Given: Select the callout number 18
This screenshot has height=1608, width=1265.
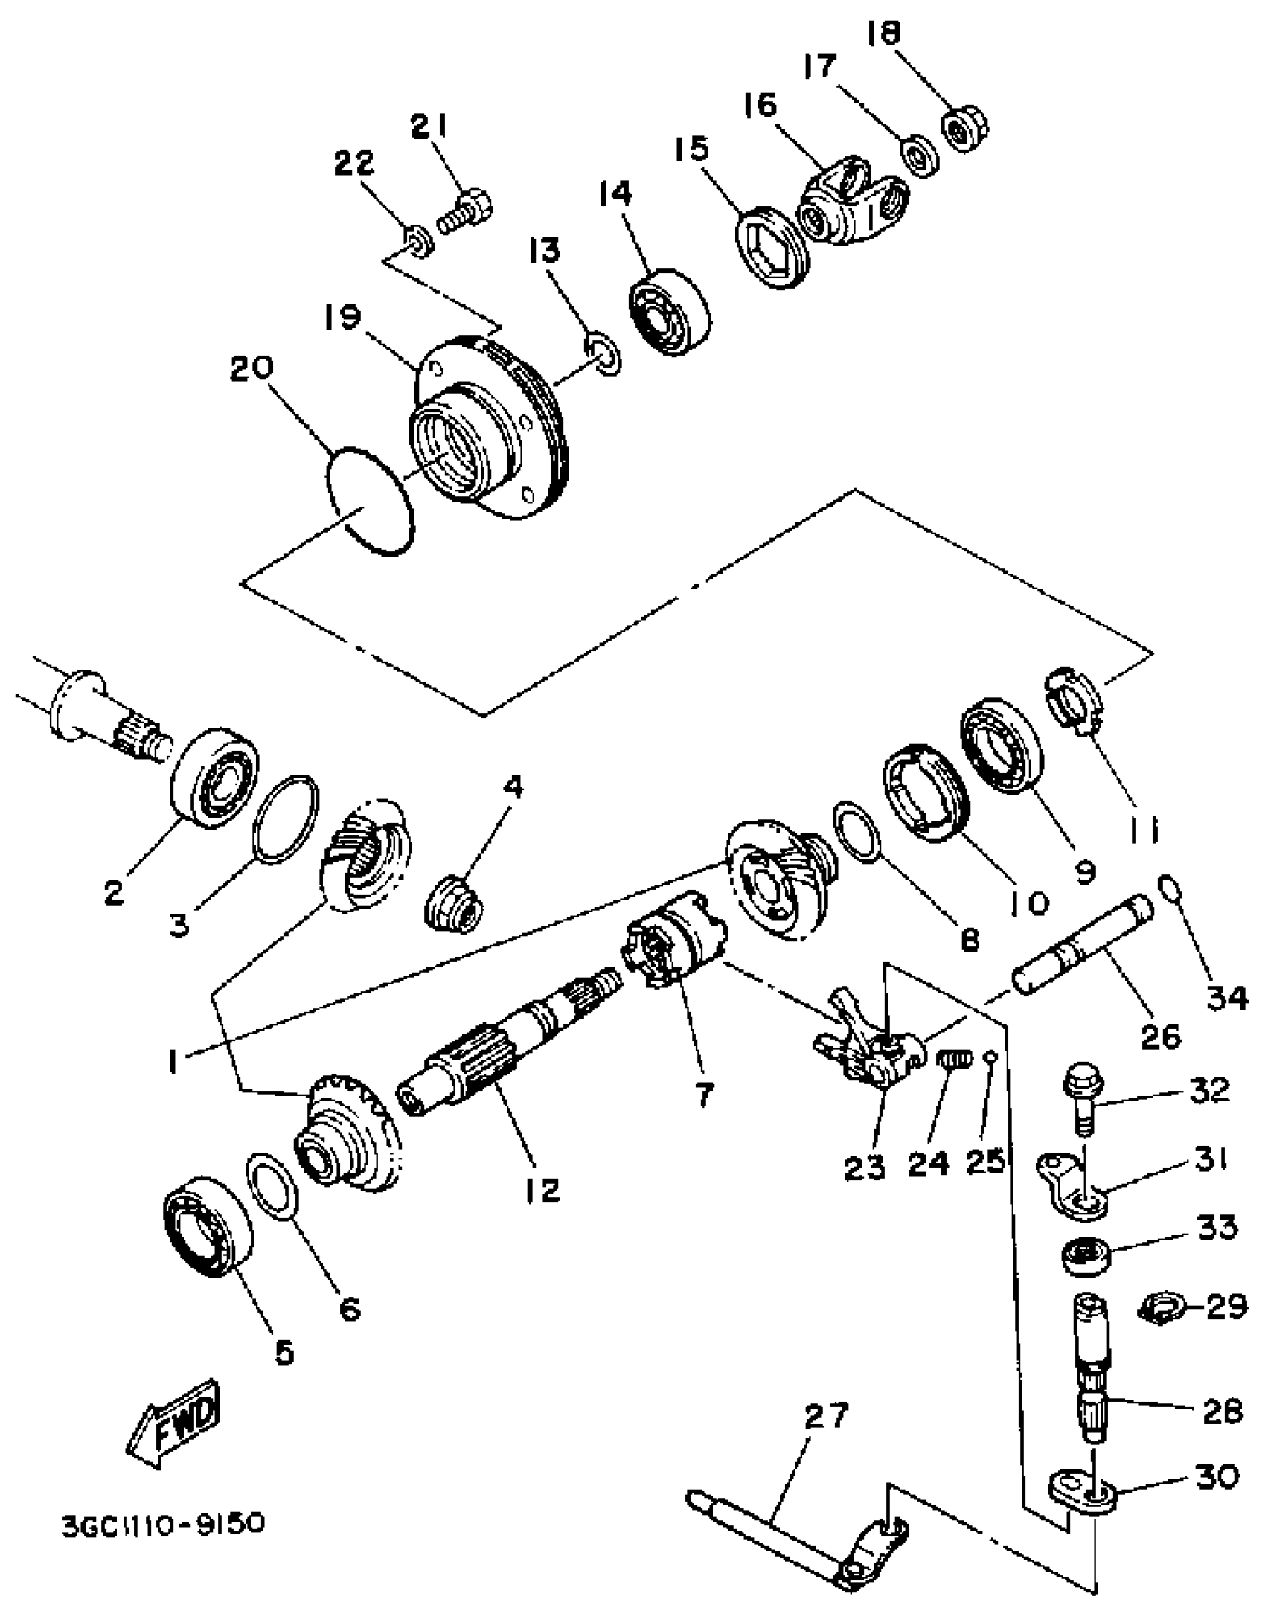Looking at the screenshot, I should (884, 33).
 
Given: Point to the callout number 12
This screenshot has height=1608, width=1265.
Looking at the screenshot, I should (541, 1188).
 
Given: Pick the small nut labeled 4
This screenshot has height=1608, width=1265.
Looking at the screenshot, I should (454, 905).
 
